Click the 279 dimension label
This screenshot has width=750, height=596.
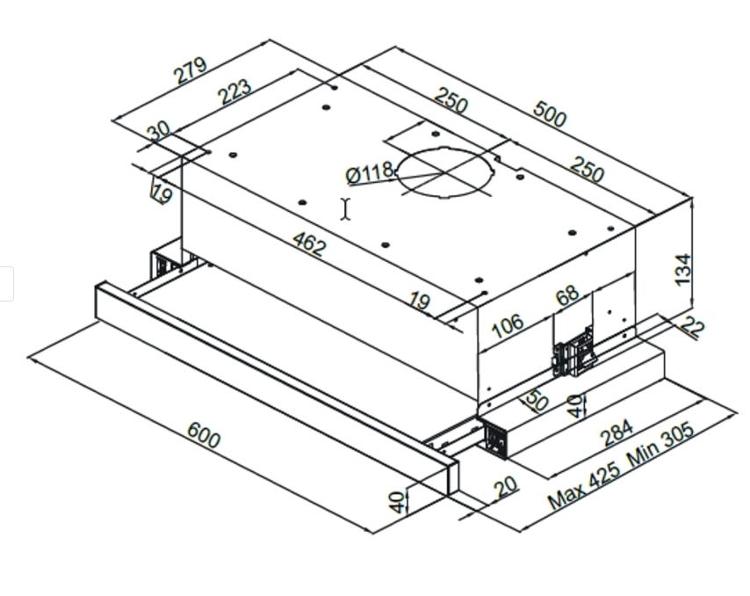[x=191, y=70]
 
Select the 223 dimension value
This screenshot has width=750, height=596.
[x=235, y=91]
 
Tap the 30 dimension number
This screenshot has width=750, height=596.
[x=159, y=132]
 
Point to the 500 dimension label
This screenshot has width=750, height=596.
[x=550, y=115]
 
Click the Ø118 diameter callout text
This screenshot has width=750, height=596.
[x=369, y=172]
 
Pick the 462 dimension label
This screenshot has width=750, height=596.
[x=307, y=243]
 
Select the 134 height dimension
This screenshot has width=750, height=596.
[x=683, y=268]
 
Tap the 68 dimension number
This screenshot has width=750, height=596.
[x=568, y=294]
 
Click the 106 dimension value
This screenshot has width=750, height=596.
[x=507, y=325]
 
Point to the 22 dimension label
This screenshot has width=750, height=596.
[x=693, y=328]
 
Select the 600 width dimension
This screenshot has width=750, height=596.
[x=204, y=434]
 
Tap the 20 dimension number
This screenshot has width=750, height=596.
[x=506, y=486]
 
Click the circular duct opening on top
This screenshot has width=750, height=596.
[x=444, y=172]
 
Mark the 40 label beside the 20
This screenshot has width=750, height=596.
[x=398, y=502]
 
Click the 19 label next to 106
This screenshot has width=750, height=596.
[x=420, y=302]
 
